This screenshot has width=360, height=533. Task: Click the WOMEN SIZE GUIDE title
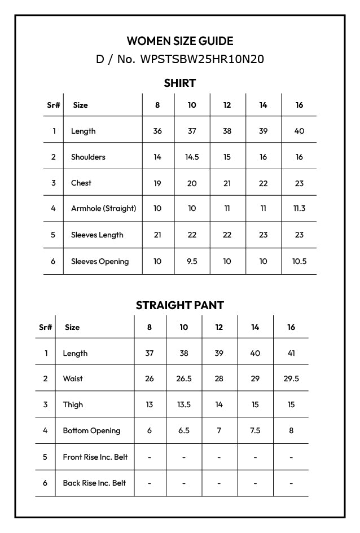pyautogui.click(x=179, y=41)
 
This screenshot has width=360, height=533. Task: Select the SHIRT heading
pyautogui.click(x=179, y=83)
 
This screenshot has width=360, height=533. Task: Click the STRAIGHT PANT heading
pyautogui.click(x=179, y=305)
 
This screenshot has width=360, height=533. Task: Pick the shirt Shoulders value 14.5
pyautogui.click(x=192, y=157)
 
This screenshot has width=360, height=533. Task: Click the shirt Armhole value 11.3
pyautogui.click(x=299, y=209)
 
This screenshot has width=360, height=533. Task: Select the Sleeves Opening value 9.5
pyautogui.click(x=192, y=262)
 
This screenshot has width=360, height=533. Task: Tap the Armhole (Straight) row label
pyautogui.click(x=103, y=209)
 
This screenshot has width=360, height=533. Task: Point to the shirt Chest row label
pyautogui.click(x=81, y=183)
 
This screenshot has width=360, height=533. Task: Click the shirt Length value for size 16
pyautogui.click(x=299, y=131)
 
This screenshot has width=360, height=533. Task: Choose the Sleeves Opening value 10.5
pyautogui.click(x=299, y=262)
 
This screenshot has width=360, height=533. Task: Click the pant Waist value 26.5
pyautogui.click(x=184, y=379)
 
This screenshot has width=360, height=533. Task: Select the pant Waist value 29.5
pyautogui.click(x=291, y=379)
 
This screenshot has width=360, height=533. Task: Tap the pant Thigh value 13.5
pyautogui.click(x=184, y=405)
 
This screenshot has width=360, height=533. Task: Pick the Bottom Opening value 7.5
pyautogui.click(x=255, y=431)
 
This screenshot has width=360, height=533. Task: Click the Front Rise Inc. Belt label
pyautogui.click(x=95, y=457)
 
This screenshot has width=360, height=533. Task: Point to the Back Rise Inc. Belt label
pyautogui.click(x=94, y=483)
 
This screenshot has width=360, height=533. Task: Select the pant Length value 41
pyautogui.click(x=291, y=354)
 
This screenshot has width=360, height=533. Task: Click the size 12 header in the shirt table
pyautogui.click(x=227, y=105)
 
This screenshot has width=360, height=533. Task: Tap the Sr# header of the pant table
pyautogui.click(x=46, y=328)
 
